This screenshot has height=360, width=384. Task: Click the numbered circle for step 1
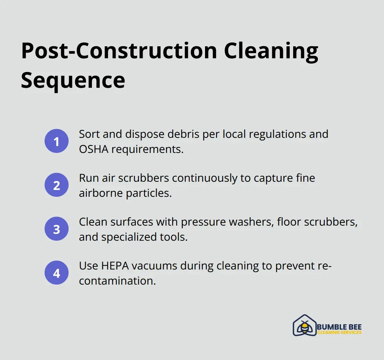(57, 141)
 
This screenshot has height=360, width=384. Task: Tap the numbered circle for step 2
(57, 185)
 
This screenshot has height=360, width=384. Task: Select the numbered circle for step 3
(57, 229)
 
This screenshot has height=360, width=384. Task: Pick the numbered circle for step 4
(57, 273)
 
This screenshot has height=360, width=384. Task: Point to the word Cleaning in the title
(271, 51)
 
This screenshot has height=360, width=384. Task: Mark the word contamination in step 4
(117, 281)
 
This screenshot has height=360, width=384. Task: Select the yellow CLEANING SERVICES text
(339, 332)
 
